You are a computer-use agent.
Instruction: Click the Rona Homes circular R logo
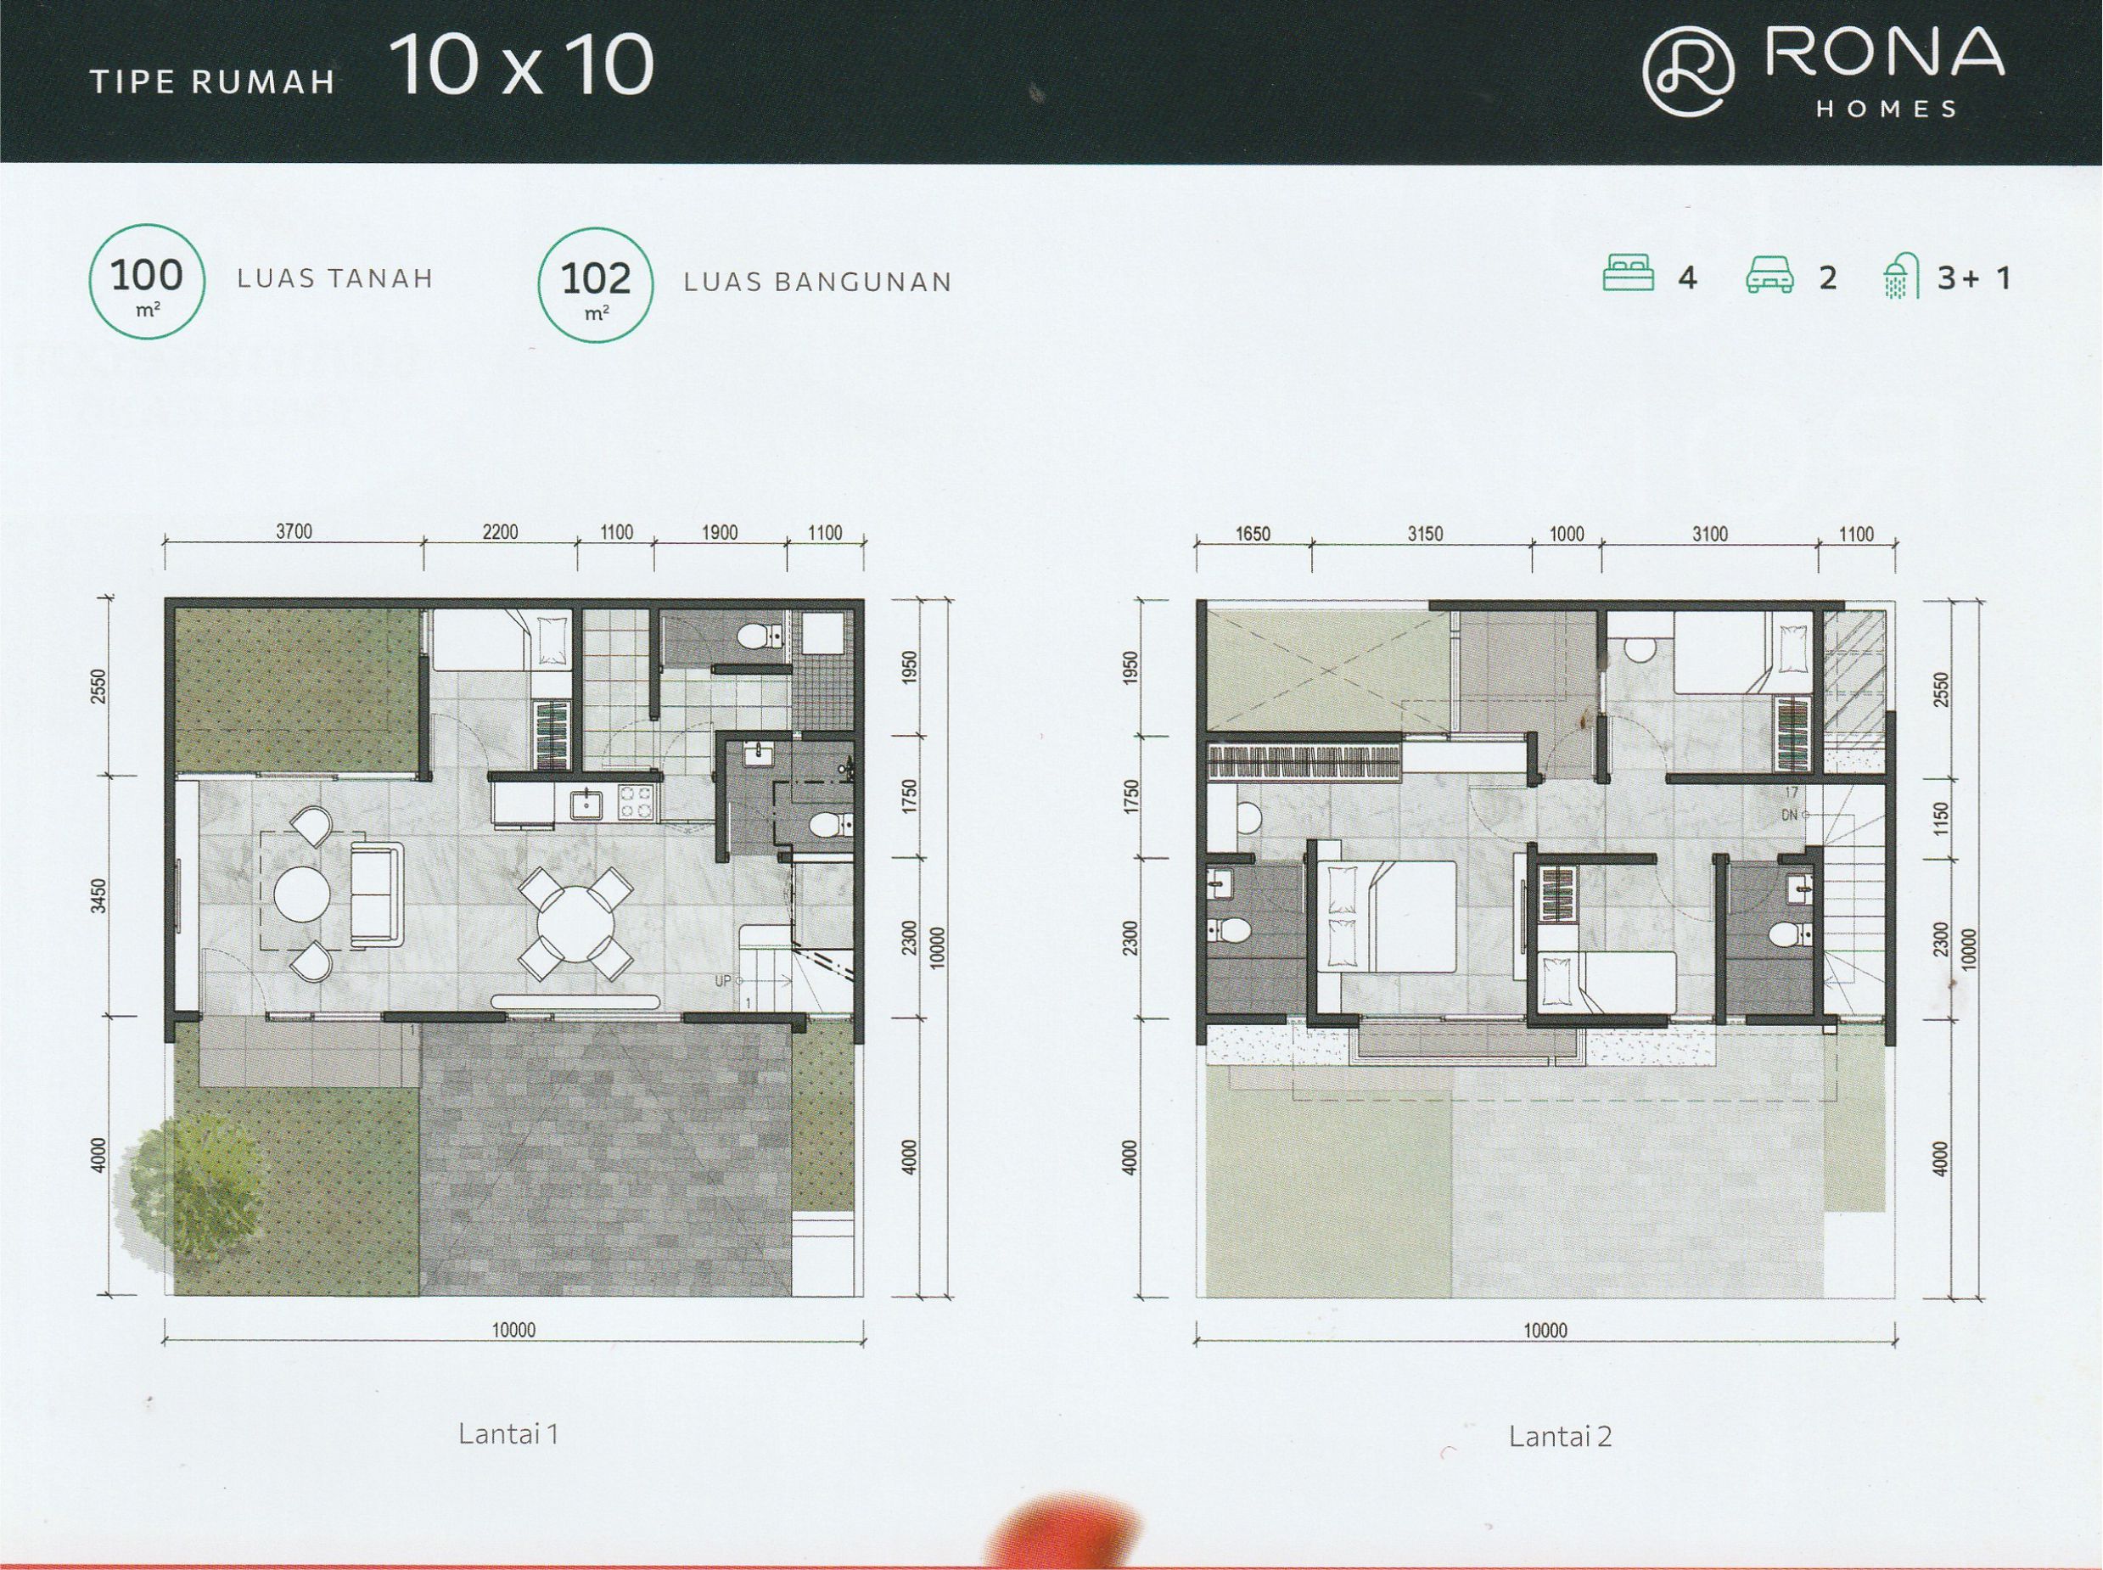pos(1688,72)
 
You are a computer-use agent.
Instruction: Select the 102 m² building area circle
pos(596,284)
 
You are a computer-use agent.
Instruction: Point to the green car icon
pos(1769,274)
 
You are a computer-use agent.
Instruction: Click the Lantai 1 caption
pos(508,1434)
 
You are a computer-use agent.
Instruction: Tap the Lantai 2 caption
pos(1561,1436)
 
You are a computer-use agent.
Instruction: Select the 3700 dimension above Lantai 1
pos(294,532)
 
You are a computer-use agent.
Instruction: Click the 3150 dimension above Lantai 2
pos(1425,534)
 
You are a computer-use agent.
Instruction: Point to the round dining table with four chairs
pos(575,922)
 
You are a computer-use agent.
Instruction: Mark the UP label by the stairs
pos(723,982)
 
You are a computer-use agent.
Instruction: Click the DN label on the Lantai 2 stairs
pos(1789,816)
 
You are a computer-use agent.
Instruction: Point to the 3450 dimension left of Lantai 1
pos(98,895)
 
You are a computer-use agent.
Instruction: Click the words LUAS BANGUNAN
pos(817,283)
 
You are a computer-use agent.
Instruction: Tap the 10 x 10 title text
pos(521,65)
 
